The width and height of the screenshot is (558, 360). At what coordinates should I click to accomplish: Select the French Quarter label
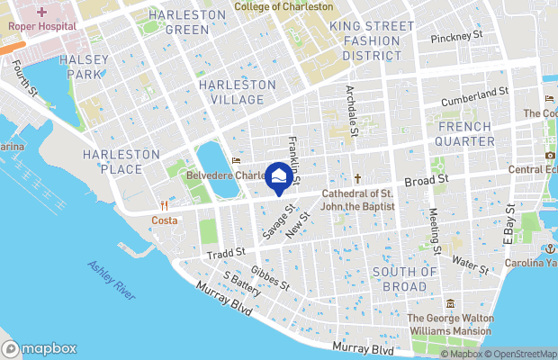click(x=465, y=134)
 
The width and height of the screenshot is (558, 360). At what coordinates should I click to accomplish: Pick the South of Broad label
click(x=405, y=279)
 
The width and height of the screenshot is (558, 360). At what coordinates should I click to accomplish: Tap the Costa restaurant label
click(x=164, y=220)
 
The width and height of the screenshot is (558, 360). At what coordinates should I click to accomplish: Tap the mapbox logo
click(x=39, y=348)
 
